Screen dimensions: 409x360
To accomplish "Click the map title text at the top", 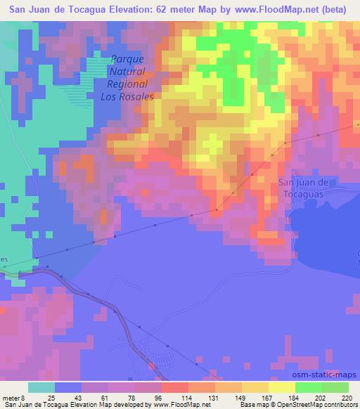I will click(x=179, y=11).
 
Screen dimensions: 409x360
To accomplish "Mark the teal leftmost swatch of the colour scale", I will click(x=42, y=388).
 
